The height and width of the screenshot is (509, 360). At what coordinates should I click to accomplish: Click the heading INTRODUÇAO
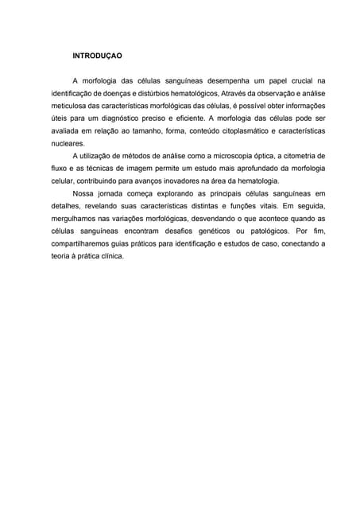pos(97,56)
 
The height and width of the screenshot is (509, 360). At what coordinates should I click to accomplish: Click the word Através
pos(232,93)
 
